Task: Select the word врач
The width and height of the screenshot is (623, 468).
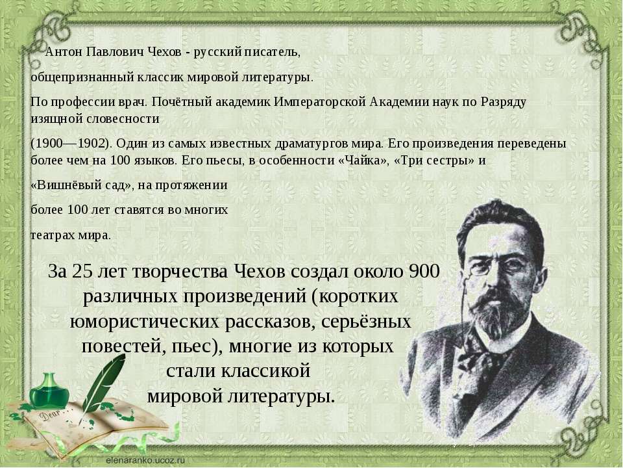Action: click(133, 102)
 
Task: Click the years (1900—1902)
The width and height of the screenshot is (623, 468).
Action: click(69, 144)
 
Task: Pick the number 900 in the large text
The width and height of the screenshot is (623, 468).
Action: click(424, 272)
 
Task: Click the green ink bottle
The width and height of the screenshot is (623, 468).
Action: click(50, 391)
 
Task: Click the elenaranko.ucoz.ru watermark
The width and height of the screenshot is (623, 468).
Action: click(145, 460)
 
